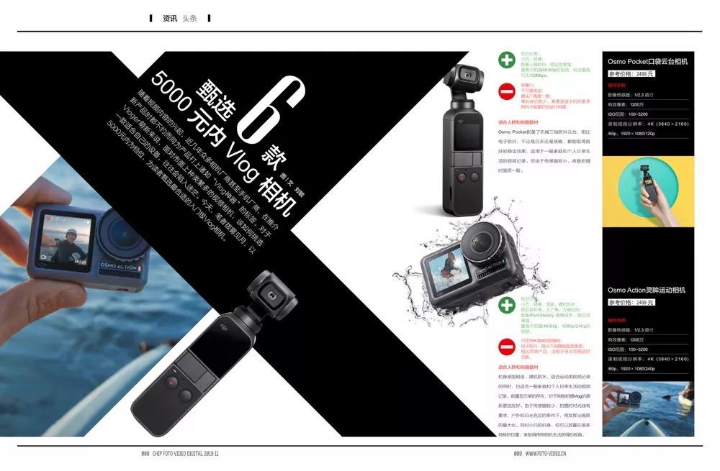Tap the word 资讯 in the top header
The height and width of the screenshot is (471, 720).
point(170,18)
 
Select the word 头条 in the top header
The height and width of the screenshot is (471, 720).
point(189,18)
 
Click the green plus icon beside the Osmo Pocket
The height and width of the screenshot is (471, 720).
point(508,60)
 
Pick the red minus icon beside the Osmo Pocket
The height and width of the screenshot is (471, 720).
point(508,91)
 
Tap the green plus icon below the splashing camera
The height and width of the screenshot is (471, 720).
point(508,306)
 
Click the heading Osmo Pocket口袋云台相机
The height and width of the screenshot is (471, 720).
point(647,62)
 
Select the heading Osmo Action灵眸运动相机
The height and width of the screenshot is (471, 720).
point(646,291)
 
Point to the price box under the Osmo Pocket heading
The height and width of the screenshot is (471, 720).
point(631,73)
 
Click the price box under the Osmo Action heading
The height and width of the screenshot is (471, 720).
point(631,302)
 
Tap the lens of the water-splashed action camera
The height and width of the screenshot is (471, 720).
point(482,249)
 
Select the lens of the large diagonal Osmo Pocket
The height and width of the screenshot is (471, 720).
point(273,296)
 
